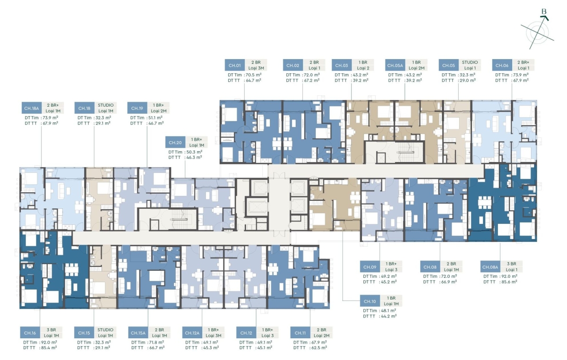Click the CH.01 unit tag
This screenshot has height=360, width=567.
tap(235, 65)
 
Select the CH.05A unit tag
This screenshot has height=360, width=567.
tap(395, 65)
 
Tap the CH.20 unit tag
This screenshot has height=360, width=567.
tap(175, 143)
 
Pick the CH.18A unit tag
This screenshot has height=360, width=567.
tap(32, 108)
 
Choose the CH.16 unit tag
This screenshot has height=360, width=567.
tap(30, 333)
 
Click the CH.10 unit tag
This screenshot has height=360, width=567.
tap(370, 301)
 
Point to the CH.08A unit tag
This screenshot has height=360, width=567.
tap(490, 267)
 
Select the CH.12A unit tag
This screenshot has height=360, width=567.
tap(192, 333)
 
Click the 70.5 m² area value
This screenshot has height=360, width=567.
tap(253, 75)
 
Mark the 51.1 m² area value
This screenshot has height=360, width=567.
tap(156, 118)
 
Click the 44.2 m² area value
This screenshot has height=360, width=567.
tap(389, 316)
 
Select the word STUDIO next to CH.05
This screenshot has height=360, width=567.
tap(470, 62)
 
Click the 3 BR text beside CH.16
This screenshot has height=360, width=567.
tap(52, 330)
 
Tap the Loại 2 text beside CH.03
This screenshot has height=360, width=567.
tap(363, 68)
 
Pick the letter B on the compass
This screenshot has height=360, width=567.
tap(544, 12)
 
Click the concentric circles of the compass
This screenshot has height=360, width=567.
tap(538, 33)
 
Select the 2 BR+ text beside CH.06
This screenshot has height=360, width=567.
tap(523, 62)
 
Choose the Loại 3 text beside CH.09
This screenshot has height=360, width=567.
tap(391, 270)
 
